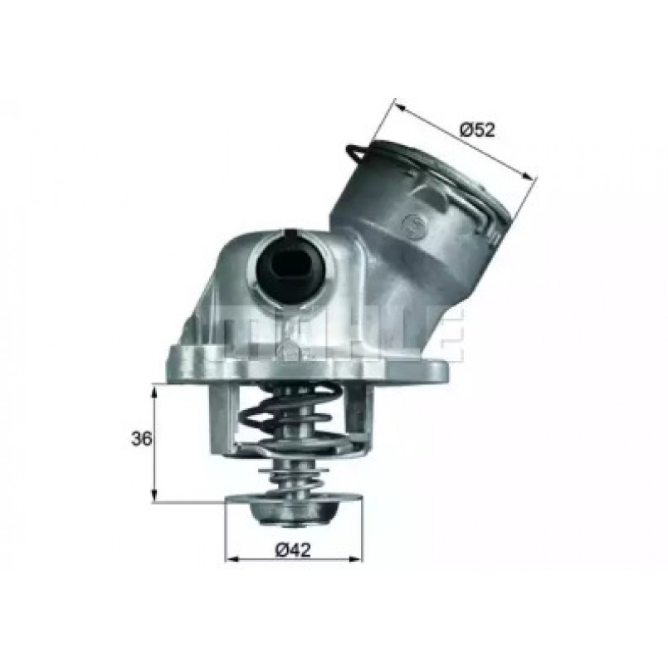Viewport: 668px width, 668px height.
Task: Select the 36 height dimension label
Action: (x=141, y=438)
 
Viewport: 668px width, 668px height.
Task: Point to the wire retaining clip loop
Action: (x=356, y=154)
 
